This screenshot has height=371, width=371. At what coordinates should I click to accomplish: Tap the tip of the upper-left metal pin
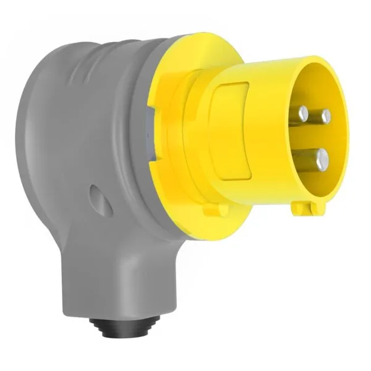point(302,113)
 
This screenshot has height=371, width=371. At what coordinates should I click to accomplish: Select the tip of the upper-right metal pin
point(325,116)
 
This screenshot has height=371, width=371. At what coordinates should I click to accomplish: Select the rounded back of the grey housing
point(31,142)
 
